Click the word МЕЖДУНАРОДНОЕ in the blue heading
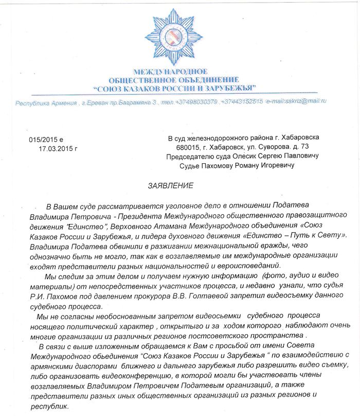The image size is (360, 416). [170, 72]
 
